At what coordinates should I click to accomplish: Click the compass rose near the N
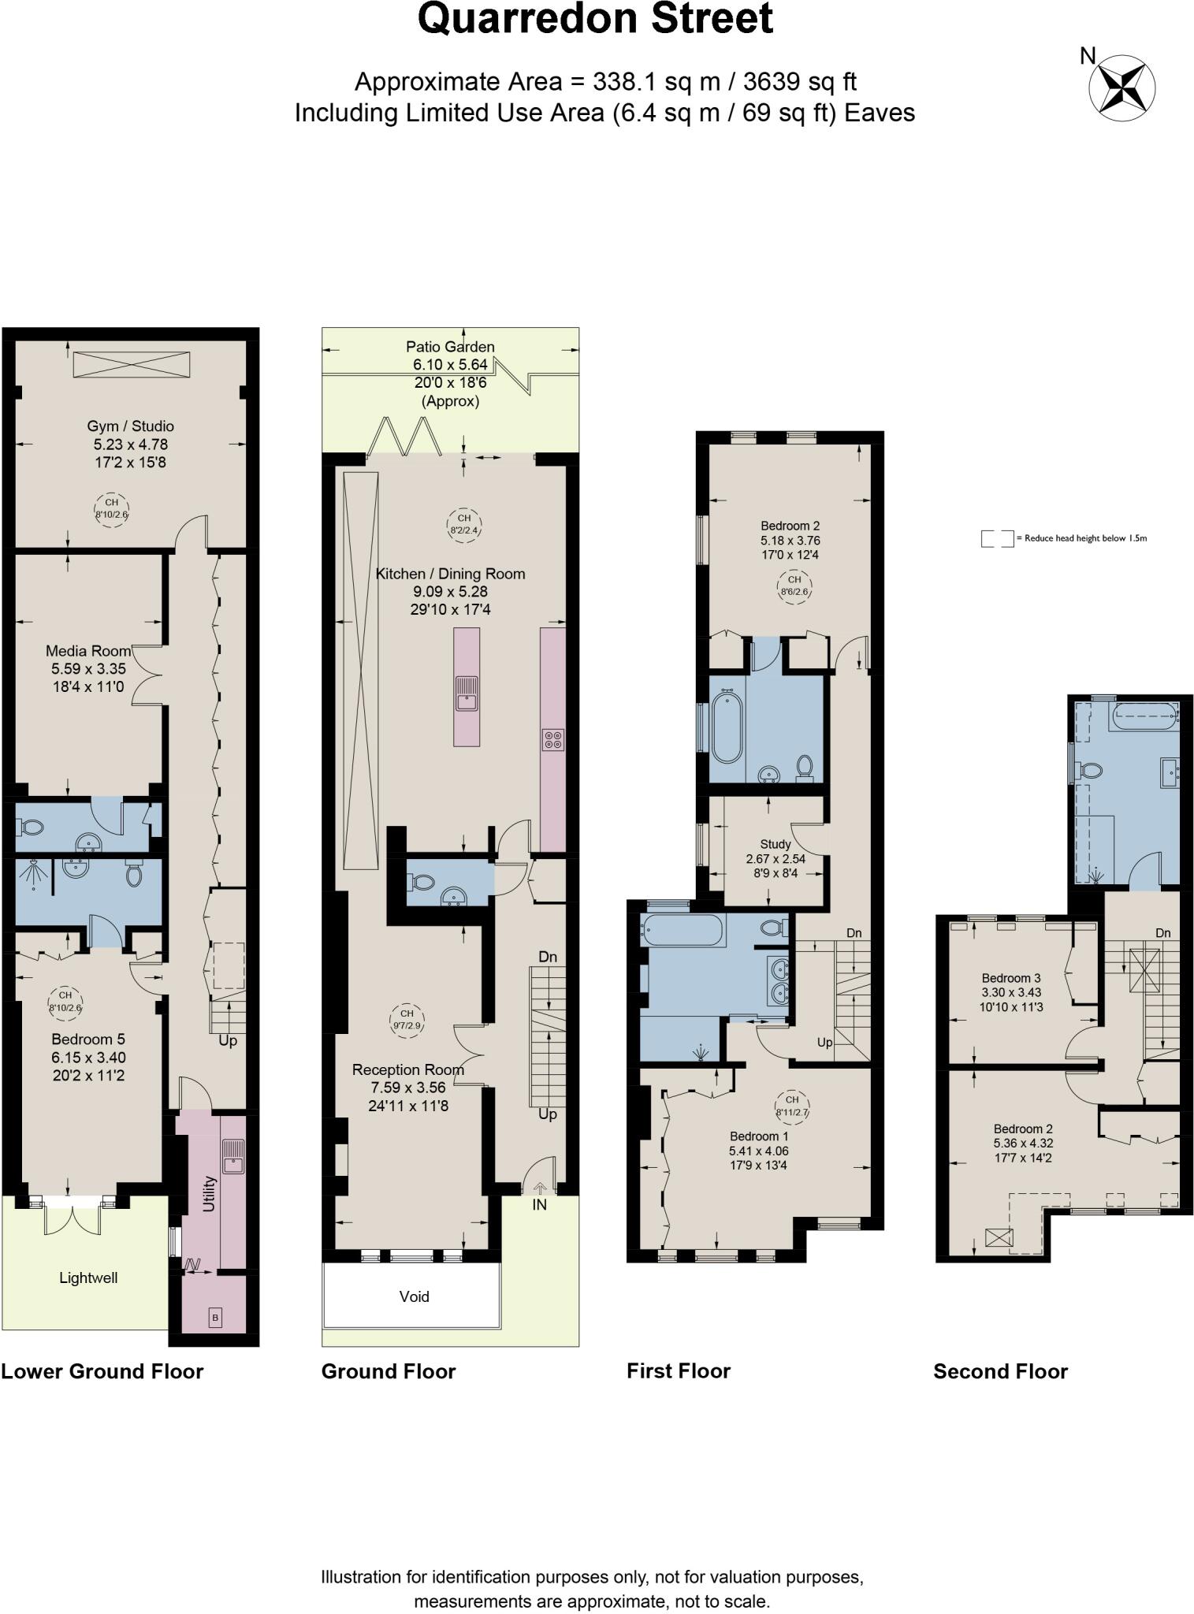(x=1122, y=87)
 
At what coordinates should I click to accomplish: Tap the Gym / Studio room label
(x=131, y=426)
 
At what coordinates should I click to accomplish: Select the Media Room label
(x=88, y=651)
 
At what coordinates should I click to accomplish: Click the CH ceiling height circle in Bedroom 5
(x=65, y=1001)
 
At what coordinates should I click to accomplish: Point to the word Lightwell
(x=88, y=1277)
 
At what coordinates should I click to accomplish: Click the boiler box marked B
(x=215, y=1317)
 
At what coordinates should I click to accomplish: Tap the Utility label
(x=210, y=1193)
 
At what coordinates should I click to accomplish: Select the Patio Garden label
(x=450, y=347)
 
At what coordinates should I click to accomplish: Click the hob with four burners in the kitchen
(x=553, y=739)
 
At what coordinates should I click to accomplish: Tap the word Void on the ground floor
(x=414, y=1296)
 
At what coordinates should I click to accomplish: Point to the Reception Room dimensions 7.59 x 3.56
(x=409, y=1088)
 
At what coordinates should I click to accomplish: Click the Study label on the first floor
(x=776, y=844)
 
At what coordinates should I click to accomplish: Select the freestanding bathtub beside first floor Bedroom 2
(x=727, y=727)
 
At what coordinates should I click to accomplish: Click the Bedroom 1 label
(x=759, y=1136)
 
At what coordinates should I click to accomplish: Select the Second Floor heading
(x=1000, y=1372)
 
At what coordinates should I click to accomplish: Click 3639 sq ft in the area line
(x=800, y=82)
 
